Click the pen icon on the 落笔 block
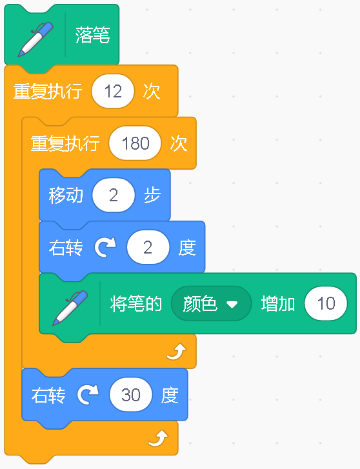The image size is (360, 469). click(35, 39)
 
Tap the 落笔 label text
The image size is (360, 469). click(93, 35)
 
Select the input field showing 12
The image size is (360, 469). click(113, 91)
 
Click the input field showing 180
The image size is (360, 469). click(135, 143)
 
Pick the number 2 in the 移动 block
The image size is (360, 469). click(114, 195)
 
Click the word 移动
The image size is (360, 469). click(66, 195)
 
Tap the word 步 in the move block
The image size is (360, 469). click(152, 195)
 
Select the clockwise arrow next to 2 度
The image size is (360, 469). click(105, 248)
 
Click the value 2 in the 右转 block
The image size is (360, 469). click(148, 247)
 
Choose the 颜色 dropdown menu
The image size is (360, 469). click(211, 304)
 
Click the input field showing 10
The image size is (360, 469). click(326, 303)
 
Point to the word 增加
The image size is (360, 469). click(278, 304)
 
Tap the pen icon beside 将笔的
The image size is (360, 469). click(70, 308)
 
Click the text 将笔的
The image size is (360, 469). click(136, 304)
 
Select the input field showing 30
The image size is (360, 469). click(131, 395)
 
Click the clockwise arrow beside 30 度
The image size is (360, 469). click(88, 395)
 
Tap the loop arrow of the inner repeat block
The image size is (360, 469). click(176, 352)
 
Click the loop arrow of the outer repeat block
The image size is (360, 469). click(158, 439)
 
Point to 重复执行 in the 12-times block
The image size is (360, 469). click(48, 91)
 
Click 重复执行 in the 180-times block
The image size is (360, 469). click(65, 143)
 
